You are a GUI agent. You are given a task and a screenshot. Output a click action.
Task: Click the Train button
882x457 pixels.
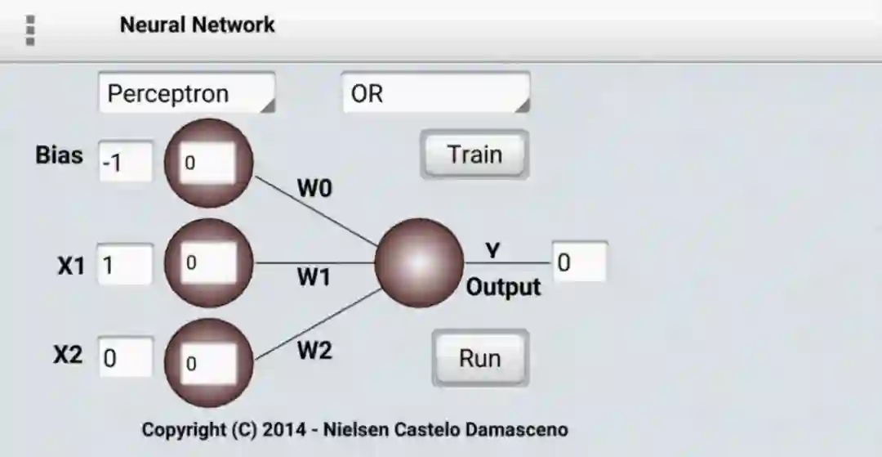coord(474,155)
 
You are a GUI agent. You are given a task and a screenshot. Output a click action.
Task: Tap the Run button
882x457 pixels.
coord(479,358)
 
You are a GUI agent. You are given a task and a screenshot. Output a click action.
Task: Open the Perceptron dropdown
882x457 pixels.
coord(187,93)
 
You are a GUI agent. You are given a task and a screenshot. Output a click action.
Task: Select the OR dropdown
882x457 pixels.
coord(435,93)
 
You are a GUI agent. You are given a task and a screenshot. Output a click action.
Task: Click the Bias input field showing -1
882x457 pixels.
coord(125,162)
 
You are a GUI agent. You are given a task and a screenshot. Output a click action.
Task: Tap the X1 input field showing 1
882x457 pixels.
coord(125,265)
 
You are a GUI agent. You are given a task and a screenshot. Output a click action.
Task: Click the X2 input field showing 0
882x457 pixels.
coord(125,359)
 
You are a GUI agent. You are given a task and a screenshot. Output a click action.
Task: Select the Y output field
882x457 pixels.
coord(580,263)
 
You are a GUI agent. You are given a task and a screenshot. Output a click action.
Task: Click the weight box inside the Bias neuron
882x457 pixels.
coord(207,162)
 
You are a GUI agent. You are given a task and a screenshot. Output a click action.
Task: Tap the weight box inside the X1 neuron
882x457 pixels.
coord(207,262)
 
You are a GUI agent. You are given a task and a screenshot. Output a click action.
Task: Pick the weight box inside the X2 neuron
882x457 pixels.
coord(207,363)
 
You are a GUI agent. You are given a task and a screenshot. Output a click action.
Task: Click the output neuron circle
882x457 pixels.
coord(419,263)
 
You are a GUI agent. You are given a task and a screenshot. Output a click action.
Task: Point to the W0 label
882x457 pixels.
coord(314,188)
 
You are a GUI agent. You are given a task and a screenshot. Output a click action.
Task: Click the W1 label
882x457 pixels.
coord(314,278)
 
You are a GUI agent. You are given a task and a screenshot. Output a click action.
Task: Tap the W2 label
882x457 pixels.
coord(314,351)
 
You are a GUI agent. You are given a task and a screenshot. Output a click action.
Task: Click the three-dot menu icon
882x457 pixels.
coord(31,29)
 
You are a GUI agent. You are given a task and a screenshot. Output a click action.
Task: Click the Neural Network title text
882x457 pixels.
coord(197,25)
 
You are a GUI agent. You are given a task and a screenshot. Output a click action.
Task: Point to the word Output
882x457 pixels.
coord(503,287)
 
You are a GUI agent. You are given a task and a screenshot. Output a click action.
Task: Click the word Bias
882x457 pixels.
coord(59,155)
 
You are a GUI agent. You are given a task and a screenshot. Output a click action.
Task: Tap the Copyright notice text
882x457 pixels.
coord(354,429)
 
